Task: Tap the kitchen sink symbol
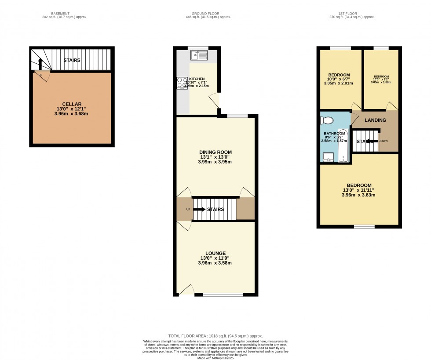[199, 56]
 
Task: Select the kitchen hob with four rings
[182, 83]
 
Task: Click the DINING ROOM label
[215, 152]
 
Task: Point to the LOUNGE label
[215, 253]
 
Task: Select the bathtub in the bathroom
[343, 146]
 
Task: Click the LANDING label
[375, 120]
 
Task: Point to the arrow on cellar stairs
[40, 64]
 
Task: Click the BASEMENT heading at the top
[58, 14]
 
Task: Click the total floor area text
[215, 336]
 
